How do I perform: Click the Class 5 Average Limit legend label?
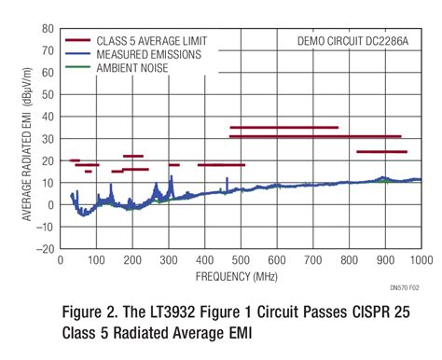click(x=149, y=42)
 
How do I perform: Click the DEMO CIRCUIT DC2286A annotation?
click(x=358, y=42)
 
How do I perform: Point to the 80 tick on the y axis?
click(x=48, y=28)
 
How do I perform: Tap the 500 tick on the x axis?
click(x=241, y=260)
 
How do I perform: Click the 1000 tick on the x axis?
click(x=420, y=260)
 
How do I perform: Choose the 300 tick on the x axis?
click(x=169, y=260)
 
